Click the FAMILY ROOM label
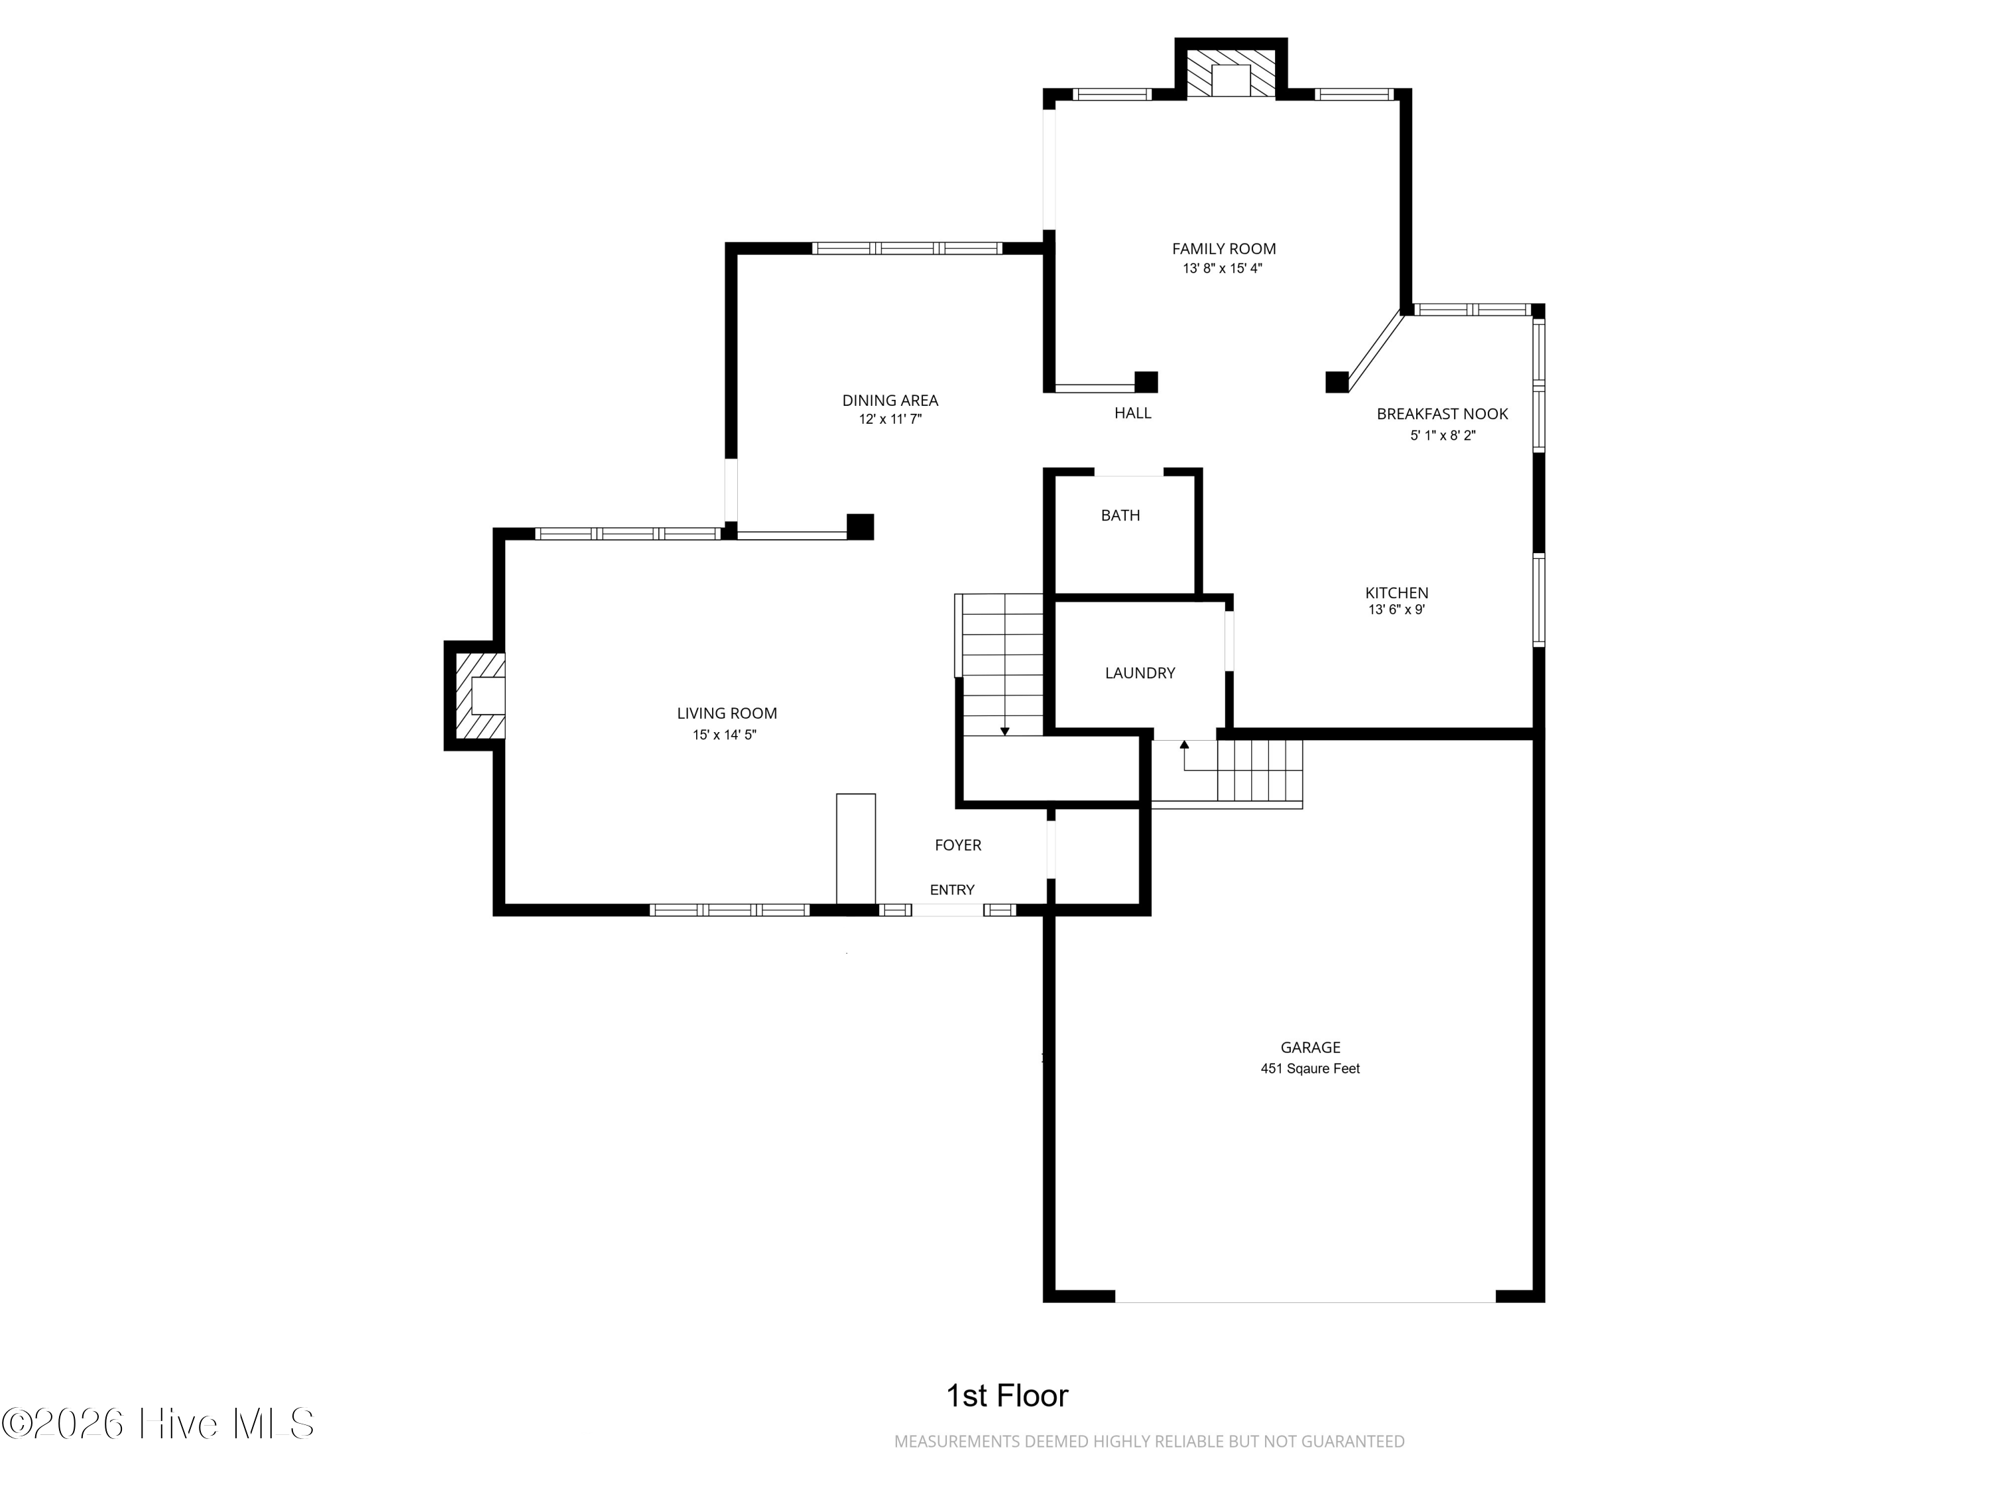[1224, 249]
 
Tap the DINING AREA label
[890, 401]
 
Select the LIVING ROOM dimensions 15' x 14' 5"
[725, 735]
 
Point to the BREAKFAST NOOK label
[1442, 414]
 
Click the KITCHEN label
[1396, 593]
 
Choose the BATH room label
[1120, 515]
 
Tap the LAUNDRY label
[1140, 672]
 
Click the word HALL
[1133, 413]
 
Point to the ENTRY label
[952, 889]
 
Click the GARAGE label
[1311, 1047]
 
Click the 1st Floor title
[1007, 1395]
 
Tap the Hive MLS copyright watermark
[158, 1423]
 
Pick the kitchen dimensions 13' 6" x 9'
[1396, 610]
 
